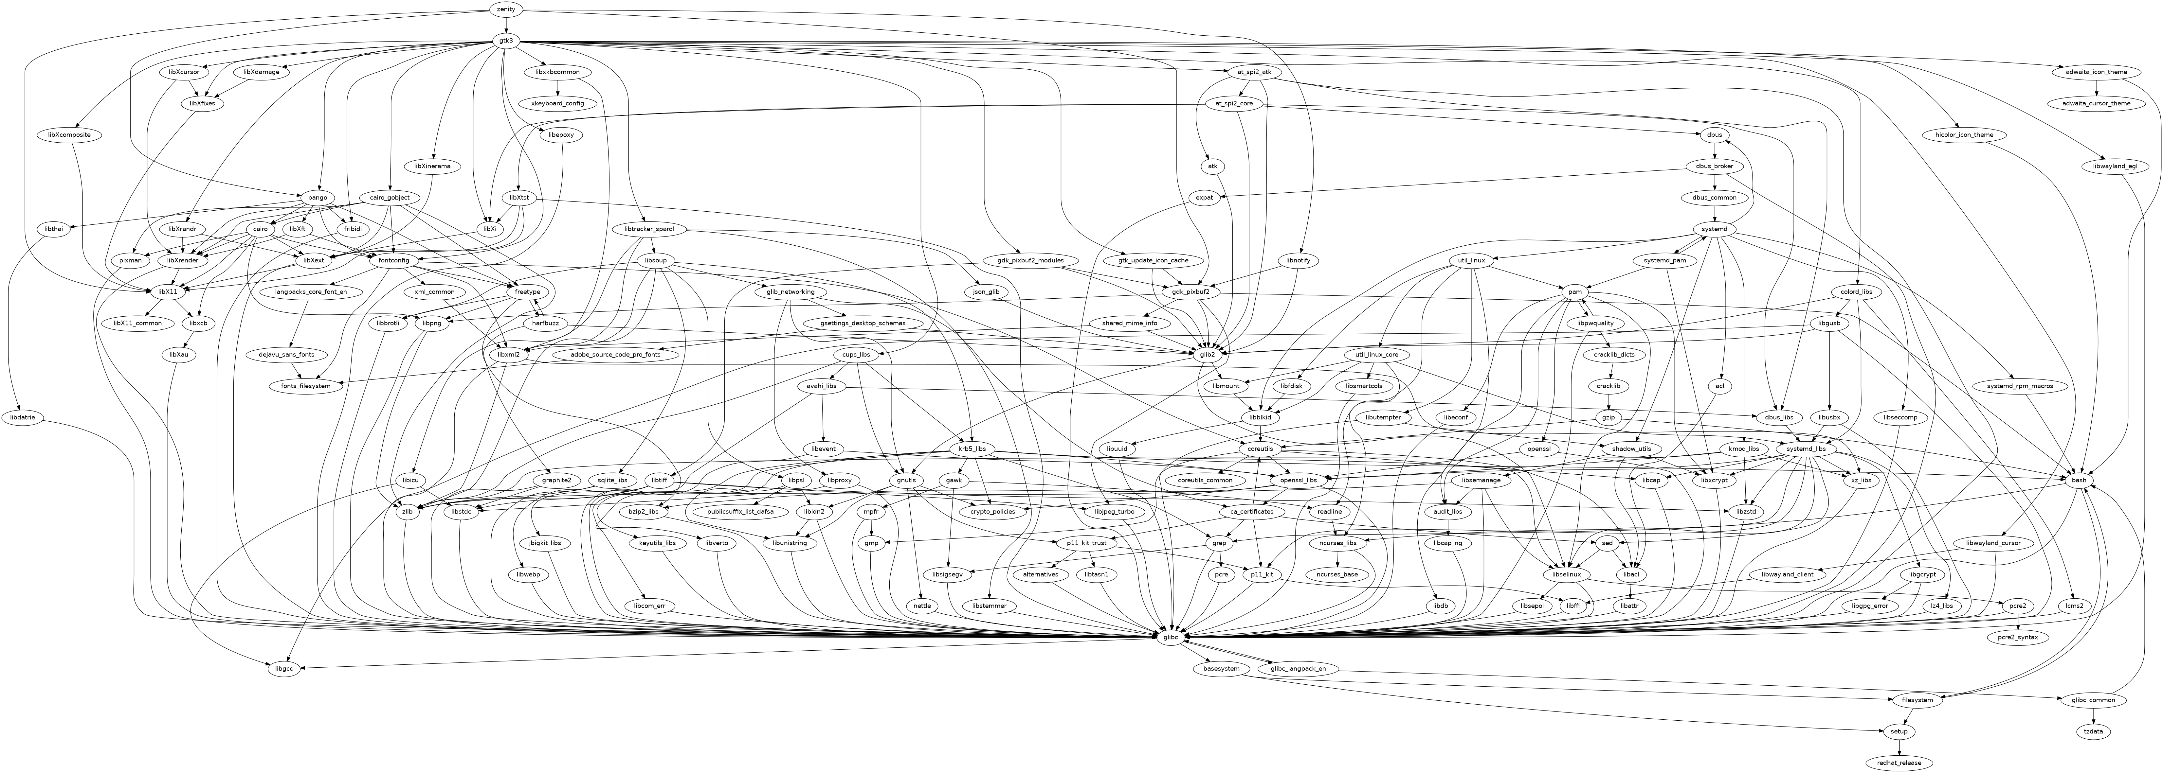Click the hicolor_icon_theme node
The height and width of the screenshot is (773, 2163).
coord(1963,135)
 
